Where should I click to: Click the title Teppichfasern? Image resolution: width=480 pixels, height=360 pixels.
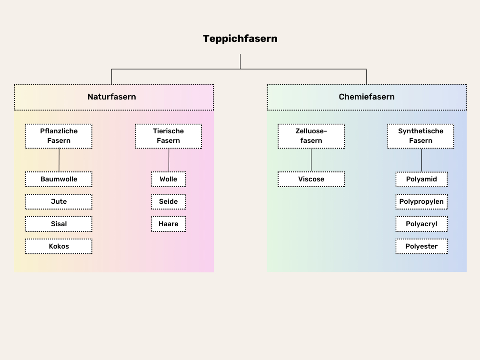tap(240, 39)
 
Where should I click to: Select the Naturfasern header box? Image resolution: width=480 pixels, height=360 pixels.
tap(113, 97)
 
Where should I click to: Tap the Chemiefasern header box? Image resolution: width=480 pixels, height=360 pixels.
tap(367, 97)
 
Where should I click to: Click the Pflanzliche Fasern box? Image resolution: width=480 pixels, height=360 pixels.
tap(59, 136)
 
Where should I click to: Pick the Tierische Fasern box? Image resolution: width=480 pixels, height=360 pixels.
tap(168, 136)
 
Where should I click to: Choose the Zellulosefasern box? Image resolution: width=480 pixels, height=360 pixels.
tap(311, 136)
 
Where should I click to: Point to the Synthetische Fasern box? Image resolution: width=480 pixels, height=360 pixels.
tap(420, 136)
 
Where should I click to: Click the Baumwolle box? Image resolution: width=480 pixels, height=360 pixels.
tap(59, 179)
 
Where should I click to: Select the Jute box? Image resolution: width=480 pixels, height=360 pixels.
tap(59, 201)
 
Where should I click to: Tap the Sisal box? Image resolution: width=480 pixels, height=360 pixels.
tap(59, 224)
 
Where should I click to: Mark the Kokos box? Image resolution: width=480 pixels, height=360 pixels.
tap(59, 246)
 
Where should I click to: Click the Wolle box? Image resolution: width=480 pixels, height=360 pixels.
tap(168, 179)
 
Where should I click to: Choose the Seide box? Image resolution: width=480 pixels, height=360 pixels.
tap(168, 201)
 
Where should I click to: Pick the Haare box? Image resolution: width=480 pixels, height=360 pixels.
tap(168, 224)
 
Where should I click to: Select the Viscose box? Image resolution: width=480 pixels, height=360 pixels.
tap(311, 179)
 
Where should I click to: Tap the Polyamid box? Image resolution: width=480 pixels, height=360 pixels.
tap(421, 179)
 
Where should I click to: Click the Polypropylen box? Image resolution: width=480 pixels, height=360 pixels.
tap(421, 201)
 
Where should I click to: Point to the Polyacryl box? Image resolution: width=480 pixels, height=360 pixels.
tap(421, 224)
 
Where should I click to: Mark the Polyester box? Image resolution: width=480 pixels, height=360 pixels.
tap(421, 246)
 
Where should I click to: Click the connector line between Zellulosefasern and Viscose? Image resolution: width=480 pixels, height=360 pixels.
tap(311, 160)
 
